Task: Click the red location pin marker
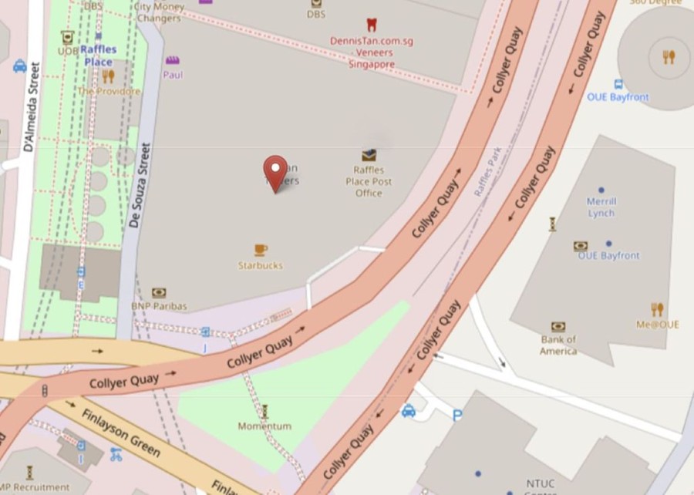275,172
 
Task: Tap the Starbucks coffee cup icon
261,250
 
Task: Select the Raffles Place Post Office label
369,182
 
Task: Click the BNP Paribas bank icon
159,293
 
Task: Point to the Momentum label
264,426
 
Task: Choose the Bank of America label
558,345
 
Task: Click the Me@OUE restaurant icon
657,309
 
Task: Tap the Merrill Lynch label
601,207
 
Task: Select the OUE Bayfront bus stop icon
618,84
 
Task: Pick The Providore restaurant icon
108,76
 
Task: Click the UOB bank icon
67,36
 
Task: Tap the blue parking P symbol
457,415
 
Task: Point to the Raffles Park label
488,171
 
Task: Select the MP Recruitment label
35,487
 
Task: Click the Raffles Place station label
99,56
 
